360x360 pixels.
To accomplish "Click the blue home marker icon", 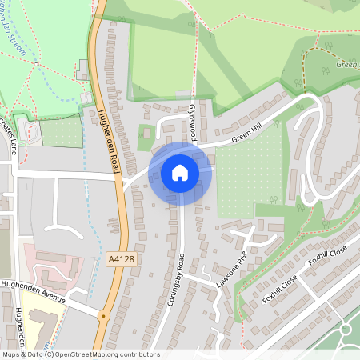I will pyautogui.click(x=180, y=173).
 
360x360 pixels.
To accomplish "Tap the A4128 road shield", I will pyautogui.click(x=118, y=259).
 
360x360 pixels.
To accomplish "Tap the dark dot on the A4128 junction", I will pyautogui.click(x=103, y=316).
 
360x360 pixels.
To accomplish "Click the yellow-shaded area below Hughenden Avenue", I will pyautogui.click(x=36, y=320).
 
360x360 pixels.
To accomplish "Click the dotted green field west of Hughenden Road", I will pyautogui.click(x=61, y=132).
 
